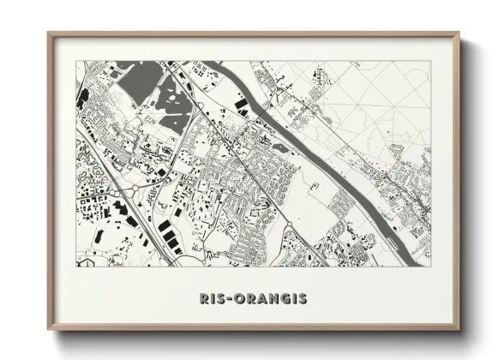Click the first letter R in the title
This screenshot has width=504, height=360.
tap(203, 299)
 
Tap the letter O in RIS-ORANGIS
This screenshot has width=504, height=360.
tap(236, 299)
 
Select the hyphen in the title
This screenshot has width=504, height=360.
tap(225, 299)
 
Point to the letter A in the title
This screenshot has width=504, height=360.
tap(258, 299)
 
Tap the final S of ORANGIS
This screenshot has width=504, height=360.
tap(302, 299)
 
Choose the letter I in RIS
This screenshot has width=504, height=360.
tap(211, 299)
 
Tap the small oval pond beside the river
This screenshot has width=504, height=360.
tap(280, 148)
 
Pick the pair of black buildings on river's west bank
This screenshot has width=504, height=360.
tap(241, 106)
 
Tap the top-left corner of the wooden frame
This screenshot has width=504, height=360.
tap(49, 34)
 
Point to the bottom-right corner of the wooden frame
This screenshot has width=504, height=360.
tap(459, 329)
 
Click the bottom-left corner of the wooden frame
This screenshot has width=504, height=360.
tap(49, 329)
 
